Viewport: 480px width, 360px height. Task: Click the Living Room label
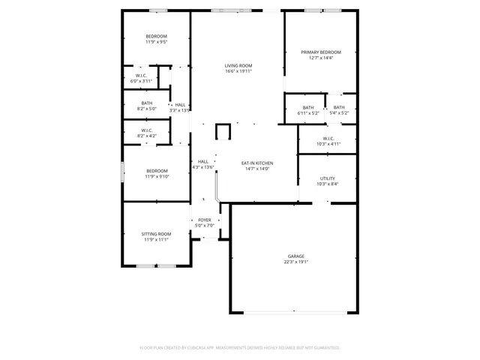[238, 66]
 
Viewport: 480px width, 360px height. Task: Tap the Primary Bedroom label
[321, 52]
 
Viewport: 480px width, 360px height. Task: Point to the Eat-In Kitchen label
[256, 163]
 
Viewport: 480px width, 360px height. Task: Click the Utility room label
[328, 178]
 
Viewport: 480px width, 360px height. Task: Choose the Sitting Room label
[156, 235]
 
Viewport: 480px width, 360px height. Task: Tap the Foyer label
[205, 220]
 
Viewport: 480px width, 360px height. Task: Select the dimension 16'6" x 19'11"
[238, 72]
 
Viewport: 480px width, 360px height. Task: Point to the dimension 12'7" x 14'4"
[321, 58]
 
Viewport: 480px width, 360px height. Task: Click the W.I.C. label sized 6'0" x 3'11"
[141, 76]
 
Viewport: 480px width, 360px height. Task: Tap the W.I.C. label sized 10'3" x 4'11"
[328, 139]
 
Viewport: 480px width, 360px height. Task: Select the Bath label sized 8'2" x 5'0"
[146, 104]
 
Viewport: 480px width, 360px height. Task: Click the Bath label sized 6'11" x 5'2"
[308, 107]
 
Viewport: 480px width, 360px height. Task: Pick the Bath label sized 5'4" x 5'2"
[339, 107]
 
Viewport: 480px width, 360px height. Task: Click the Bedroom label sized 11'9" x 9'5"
[156, 37]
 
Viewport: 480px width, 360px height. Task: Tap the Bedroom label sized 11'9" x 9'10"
[156, 171]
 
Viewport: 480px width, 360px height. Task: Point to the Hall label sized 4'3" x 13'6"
[203, 162]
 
